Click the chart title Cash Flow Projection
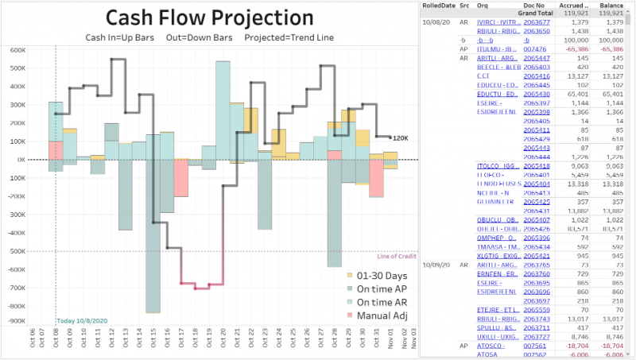210,17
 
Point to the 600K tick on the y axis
17,49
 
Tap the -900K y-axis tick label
15,321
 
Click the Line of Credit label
397,256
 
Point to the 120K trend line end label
399,138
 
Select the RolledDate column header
439,5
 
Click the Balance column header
611,5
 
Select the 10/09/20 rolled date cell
437,264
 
